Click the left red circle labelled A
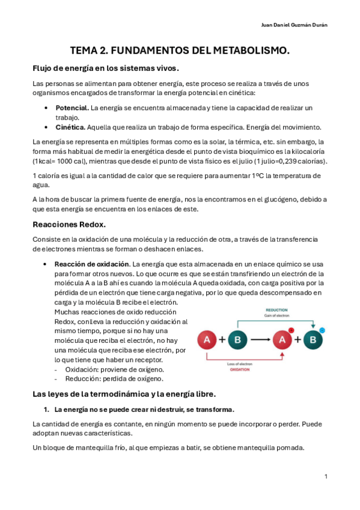[207, 340]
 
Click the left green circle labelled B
[237, 340]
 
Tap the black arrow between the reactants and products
[260, 340]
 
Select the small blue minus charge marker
[322, 330]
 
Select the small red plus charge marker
[291, 330]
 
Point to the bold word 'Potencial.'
[72, 108]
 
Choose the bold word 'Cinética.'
[70, 127]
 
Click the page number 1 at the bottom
[325, 476]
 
